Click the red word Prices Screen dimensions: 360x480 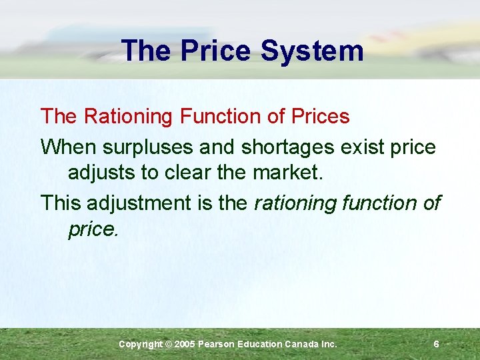point(316,117)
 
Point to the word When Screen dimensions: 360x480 point(64,147)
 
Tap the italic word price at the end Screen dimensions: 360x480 point(92,229)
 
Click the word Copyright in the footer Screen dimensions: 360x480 point(139,344)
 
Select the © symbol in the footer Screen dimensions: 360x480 point(168,344)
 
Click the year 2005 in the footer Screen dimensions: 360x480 point(186,344)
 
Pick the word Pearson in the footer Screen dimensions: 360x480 point(219,344)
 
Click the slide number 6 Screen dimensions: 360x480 point(436,344)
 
